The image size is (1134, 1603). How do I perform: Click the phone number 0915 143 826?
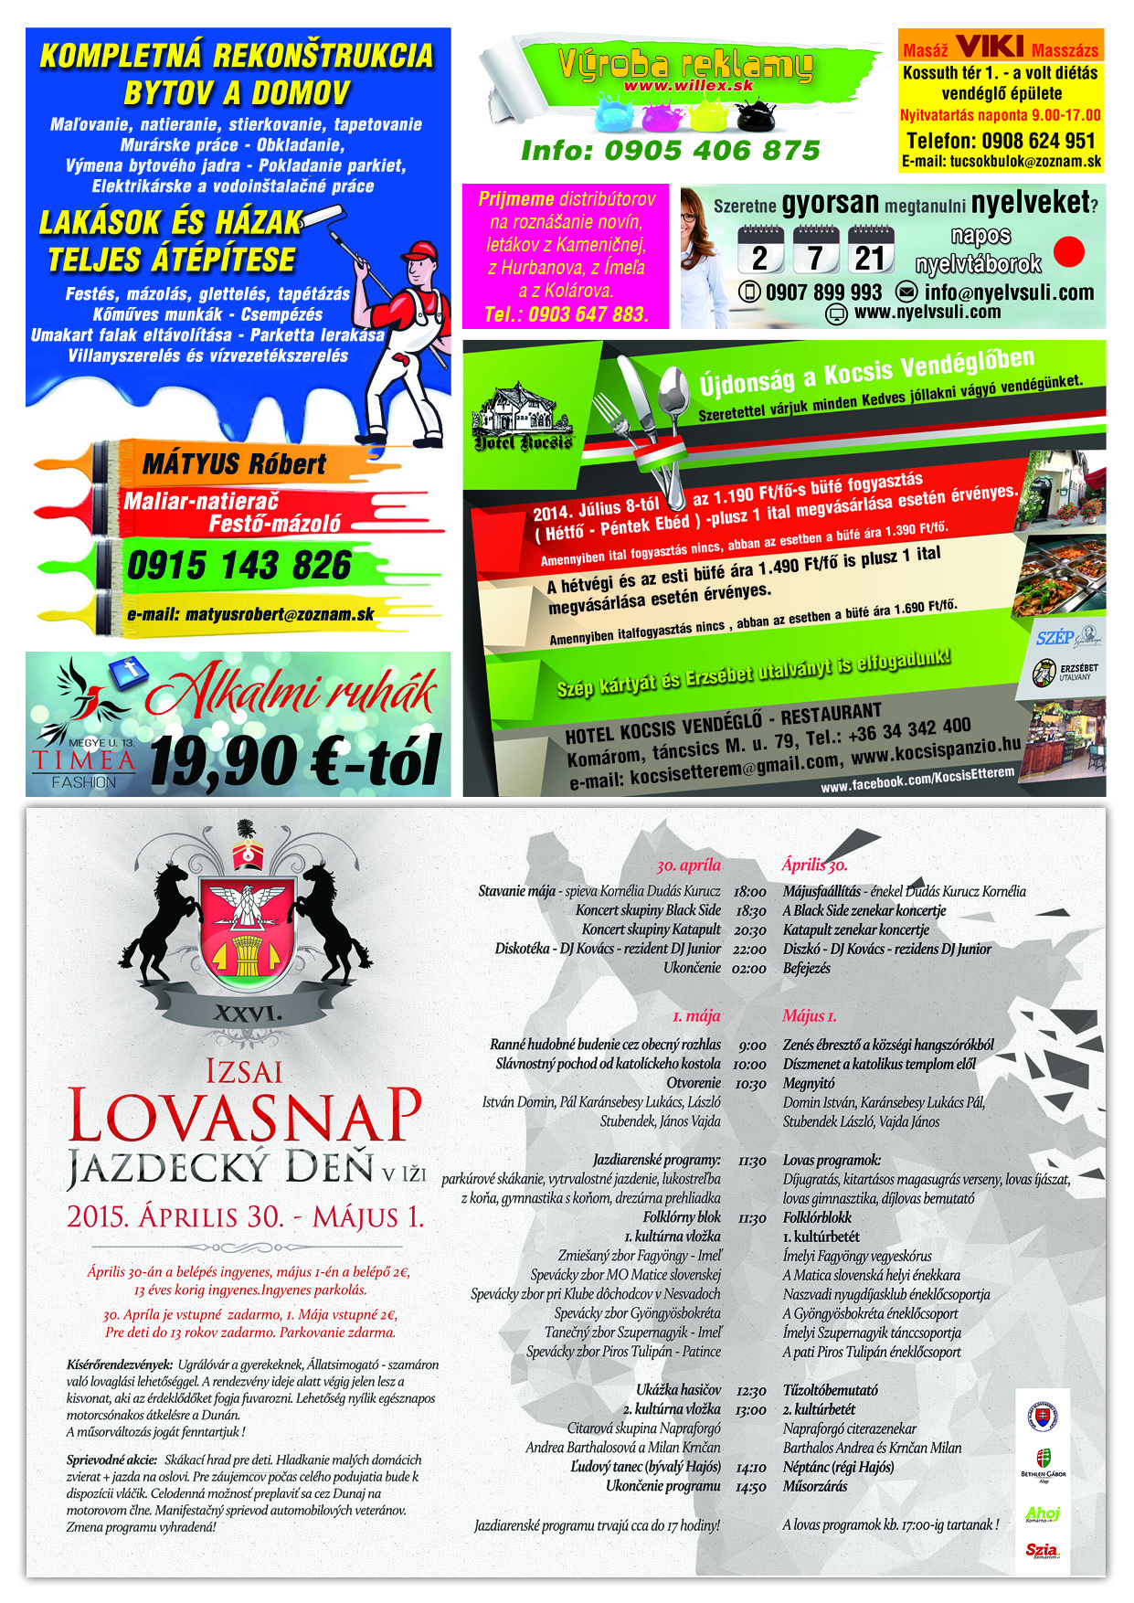(238, 566)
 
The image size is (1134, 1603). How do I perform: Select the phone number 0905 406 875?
(670, 151)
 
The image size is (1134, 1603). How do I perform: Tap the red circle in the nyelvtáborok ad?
(1068, 251)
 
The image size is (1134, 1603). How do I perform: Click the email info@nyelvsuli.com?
(997, 292)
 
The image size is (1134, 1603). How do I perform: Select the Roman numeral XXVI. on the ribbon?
(247, 1013)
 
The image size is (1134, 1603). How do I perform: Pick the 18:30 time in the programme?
(750, 910)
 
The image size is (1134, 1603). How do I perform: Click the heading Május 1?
(809, 1015)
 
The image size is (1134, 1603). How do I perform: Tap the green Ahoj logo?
(1043, 1513)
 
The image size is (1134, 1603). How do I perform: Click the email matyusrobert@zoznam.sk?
(250, 614)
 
